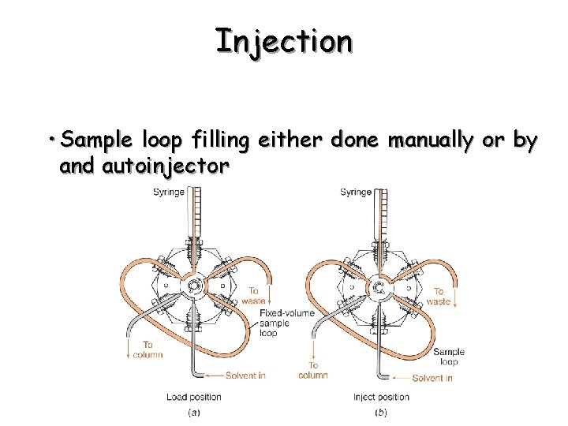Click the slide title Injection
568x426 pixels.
[284, 41]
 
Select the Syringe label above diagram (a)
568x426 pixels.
[169, 192]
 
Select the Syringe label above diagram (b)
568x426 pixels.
[357, 192]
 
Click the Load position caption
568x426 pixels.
[194, 396]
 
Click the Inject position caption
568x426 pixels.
[381, 396]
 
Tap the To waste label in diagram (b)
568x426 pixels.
[439, 296]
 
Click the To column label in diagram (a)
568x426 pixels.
[148, 349]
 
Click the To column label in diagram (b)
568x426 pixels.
[313, 369]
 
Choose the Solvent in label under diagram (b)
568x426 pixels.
[432, 378]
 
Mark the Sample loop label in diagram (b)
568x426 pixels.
[449, 357]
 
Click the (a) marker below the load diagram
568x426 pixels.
[193, 411]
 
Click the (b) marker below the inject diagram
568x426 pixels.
[380, 411]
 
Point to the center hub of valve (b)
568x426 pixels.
[379, 286]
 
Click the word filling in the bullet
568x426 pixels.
[209, 141]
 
